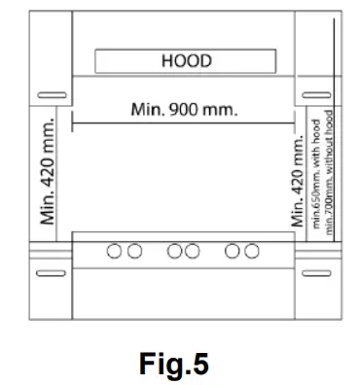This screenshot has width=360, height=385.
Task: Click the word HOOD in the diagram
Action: (187, 61)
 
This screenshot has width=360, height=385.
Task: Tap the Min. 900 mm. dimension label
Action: (184, 110)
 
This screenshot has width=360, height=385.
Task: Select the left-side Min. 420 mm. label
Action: (48, 171)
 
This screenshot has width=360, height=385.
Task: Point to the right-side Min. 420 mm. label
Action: (298, 182)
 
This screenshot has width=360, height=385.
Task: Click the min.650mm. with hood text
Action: (316, 174)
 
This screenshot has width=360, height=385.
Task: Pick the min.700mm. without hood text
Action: (329, 172)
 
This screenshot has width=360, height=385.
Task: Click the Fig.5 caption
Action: (174, 364)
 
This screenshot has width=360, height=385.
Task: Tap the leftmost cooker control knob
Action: (114, 251)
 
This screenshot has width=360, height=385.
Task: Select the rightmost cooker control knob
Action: (252, 251)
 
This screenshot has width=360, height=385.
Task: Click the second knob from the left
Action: (134, 251)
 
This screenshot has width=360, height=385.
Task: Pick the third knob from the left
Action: (174, 251)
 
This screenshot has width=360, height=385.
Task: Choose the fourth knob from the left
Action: (192, 251)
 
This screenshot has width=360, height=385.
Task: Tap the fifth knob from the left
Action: (232, 251)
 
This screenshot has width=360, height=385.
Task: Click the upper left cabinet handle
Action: (52, 95)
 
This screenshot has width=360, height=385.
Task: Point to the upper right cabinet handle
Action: (316, 95)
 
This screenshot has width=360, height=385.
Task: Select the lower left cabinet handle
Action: (51, 273)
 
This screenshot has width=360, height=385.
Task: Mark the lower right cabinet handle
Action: (316, 273)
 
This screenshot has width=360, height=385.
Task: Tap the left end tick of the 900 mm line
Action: (72, 122)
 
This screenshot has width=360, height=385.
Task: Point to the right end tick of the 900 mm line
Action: (295, 122)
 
